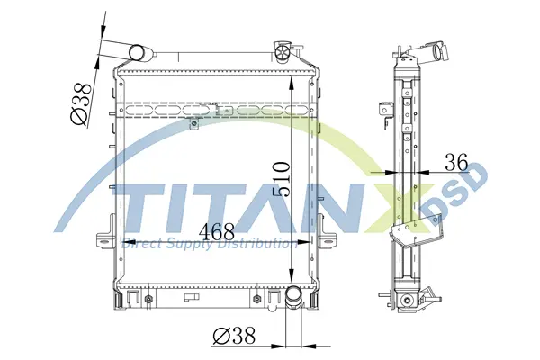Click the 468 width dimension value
click(217, 231)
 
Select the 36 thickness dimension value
click(456, 162)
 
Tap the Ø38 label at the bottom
click(234, 335)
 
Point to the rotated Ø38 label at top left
click(81, 104)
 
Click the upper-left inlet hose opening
click(137, 53)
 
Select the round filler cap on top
click(283, 53)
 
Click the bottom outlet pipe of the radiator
click(293, 297)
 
